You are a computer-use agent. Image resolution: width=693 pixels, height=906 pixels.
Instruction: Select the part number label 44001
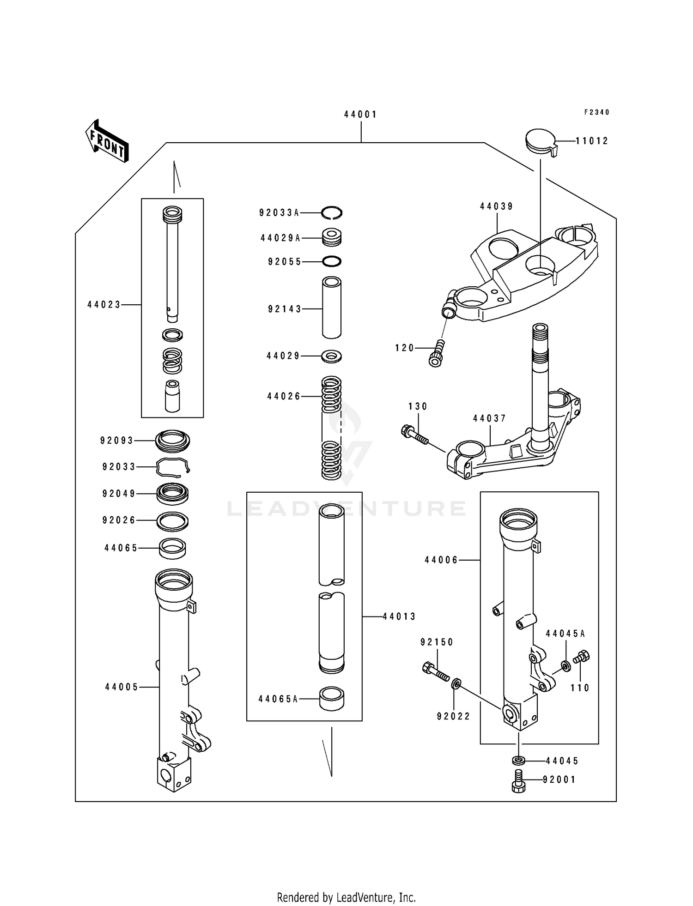tap(360, 115)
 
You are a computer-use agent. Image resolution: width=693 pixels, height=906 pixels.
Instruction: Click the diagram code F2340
tap(596, 112)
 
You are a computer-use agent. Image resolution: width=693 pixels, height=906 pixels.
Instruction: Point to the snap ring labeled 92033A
tap(332, 212)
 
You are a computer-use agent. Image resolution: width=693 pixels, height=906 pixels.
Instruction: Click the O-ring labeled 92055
tap(332, 262)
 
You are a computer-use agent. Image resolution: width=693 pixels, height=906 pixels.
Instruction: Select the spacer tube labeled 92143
tap(332, 308)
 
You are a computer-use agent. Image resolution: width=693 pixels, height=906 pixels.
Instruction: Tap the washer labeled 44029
tap(332, 356)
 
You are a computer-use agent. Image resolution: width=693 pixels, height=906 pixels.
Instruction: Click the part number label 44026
tap(284, 396)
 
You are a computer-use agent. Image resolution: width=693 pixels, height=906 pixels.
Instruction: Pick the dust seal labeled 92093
tap(172, 441)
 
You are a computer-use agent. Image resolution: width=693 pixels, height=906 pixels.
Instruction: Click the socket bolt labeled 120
tap(438, 353)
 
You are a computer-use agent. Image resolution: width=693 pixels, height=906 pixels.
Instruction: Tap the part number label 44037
tap(490, 418)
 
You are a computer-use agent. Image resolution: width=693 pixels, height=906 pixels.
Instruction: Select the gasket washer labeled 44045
tap(518, 760)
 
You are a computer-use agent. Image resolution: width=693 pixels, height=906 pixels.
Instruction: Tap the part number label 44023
tap(104, 305)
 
